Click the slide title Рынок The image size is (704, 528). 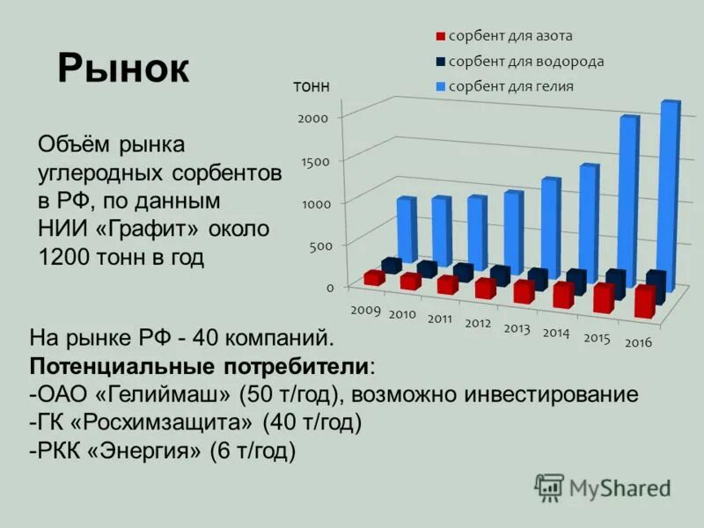pyautogui.click(x=123, y=69)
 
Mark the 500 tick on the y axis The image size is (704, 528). pyautogui.click(x=320, y=246)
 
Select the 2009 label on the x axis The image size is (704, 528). pyautogui.click(x=365, y=310)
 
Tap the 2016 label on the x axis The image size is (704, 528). pyautogui.click(x=638, y=342)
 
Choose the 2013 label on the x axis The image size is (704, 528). pyautogui.click(x=517, y=327)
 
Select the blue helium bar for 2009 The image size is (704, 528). pyautogui.click(x=405, y=230)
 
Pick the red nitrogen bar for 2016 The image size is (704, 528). pyautogui.click(x=644, y=302)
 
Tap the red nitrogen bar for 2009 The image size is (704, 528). pyautogui.click(x=374, y=278)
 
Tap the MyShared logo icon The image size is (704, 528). pyautogui.click(x=549, y=487)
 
